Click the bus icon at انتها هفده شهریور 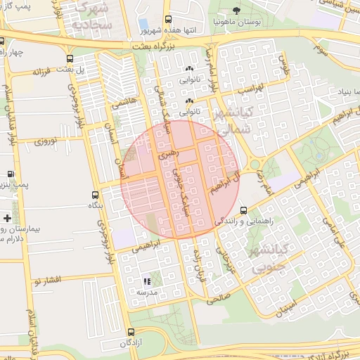167,20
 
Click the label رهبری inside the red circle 170,153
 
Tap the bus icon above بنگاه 95,195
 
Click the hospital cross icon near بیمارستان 6,218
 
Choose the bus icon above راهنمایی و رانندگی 243,210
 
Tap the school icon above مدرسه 146,281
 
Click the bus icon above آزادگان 131,331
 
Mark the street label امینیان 294,309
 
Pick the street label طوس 284,65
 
